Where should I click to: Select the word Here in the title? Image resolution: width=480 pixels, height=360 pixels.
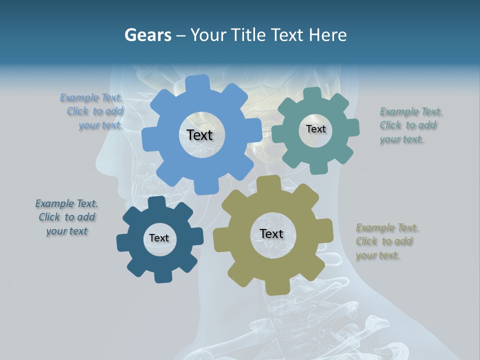tap(327, 35)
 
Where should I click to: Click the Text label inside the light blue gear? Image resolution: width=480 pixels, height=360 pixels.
tap(199, 135)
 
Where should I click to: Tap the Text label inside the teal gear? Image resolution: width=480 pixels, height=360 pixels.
tap(315, 129)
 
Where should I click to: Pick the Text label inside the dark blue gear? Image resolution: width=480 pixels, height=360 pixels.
tap(159, 238)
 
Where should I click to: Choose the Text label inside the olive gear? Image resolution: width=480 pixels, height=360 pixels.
tap(271, 233)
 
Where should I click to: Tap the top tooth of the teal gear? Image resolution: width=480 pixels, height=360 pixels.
tap(312, 93)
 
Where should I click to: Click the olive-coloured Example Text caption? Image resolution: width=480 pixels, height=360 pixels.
tap(386, 241)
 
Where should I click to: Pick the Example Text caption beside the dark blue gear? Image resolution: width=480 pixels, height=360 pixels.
tap(66, 217)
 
